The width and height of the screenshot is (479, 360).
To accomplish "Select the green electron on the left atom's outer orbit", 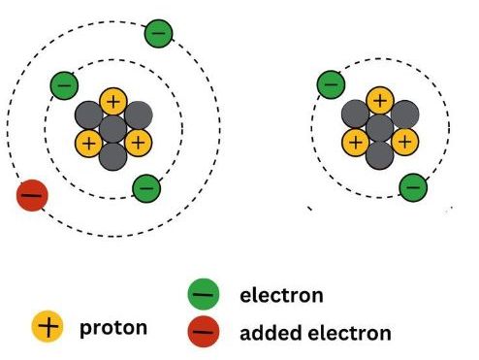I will pyautogui.click(x=159, y=34).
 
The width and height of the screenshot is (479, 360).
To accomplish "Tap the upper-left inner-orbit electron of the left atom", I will pyautogui.click(x=64, y=84).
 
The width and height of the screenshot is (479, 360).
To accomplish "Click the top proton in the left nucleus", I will pyautogui.click(x=113, y=100).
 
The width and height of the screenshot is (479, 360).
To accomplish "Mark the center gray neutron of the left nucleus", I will pyautogui.click(x=113, y=128).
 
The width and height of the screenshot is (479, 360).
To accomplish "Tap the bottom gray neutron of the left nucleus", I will pyautogui.click(x=113, y=155).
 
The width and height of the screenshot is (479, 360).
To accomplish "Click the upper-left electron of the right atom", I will pyautogui.click(x=331, y=84).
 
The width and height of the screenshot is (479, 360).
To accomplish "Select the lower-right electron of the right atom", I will pyautogui.click(x=413, y=185).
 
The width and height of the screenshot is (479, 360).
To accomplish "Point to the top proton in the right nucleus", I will pyautogui.click(x=380, y=100).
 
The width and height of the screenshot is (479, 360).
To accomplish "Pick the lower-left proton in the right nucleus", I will pyautogui.click(x=356, y=143).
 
